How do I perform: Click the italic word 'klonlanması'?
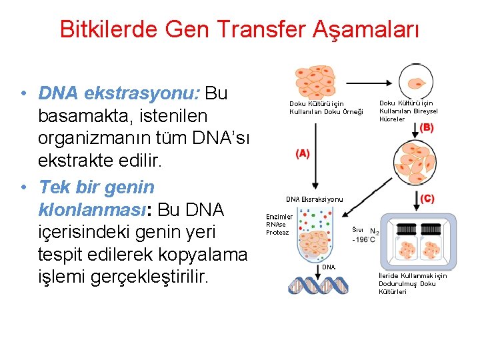coord(92,210)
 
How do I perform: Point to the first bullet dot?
coord(23,93)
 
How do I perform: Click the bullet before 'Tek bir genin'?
coord(23,187)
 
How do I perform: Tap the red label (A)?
coord(302,153)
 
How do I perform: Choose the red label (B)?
coord(426,127)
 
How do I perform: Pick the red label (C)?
coord(427,198)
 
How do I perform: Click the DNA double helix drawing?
coord(318,284)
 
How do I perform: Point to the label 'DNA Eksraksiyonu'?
coord(314,199)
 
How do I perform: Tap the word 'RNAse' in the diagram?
coord(276,225)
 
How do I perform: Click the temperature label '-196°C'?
coord(363,239)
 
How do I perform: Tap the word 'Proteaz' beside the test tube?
coord(277,232)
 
